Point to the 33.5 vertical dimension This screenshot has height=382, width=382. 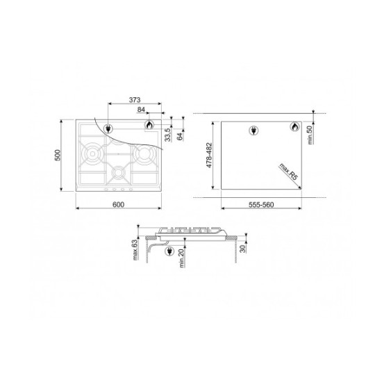[167, 133]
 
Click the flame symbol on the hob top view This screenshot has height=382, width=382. [149, 125]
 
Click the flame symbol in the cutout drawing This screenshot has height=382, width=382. [294, 127]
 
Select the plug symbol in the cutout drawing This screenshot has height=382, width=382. [254, 129]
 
